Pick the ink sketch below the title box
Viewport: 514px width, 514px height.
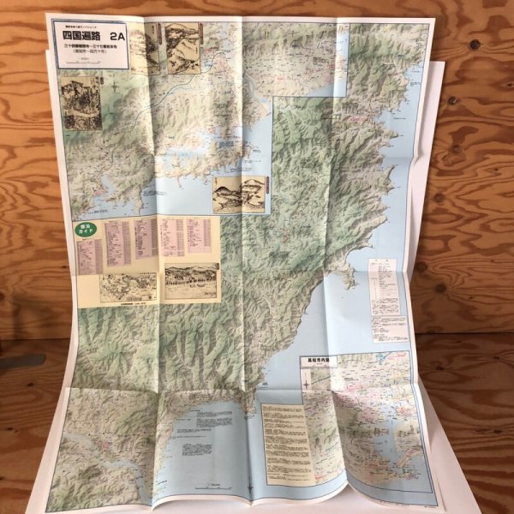point(80,105)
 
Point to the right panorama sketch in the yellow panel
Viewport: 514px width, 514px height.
point(190,281)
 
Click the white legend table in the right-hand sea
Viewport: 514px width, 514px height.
point(384,285)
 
